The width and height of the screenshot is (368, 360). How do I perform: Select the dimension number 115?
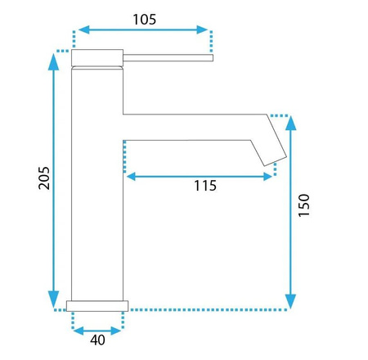pos(205,187)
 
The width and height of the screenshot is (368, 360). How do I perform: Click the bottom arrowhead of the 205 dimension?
pos(54,300)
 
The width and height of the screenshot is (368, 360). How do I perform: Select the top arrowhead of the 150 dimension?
pos(290,123)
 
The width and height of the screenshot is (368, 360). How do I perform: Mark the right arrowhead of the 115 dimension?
pos(268,174)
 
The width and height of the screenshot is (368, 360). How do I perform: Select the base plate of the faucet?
pos(97,306)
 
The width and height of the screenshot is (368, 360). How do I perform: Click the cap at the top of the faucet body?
pos(97,57)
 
